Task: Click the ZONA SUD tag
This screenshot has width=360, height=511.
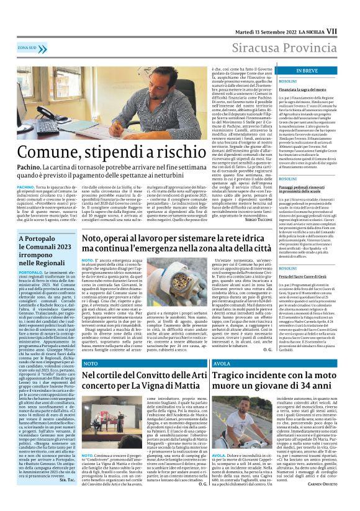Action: [x=27, y=47]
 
